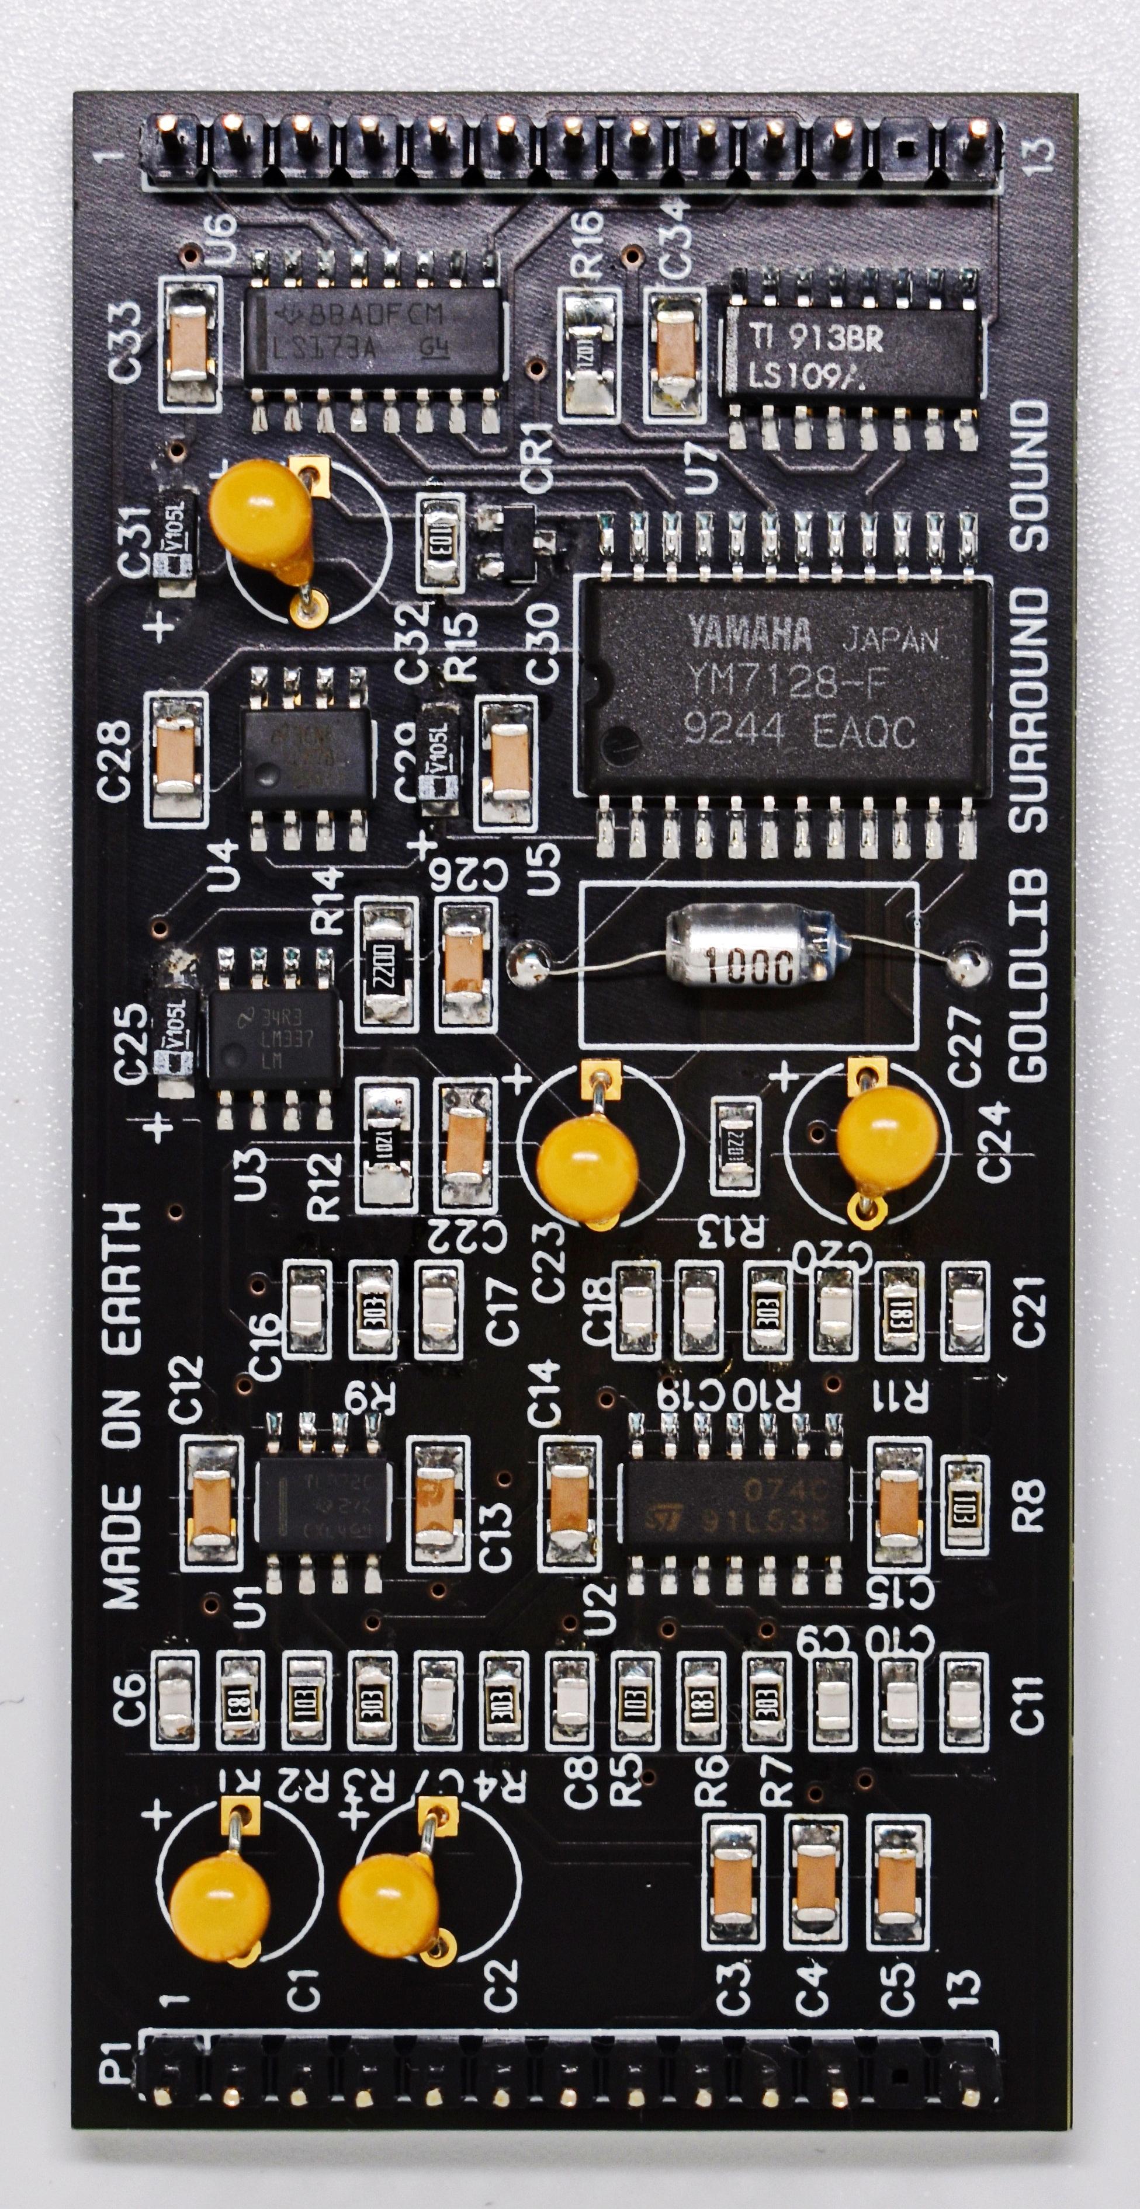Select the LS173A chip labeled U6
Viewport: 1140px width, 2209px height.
(374, 336)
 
